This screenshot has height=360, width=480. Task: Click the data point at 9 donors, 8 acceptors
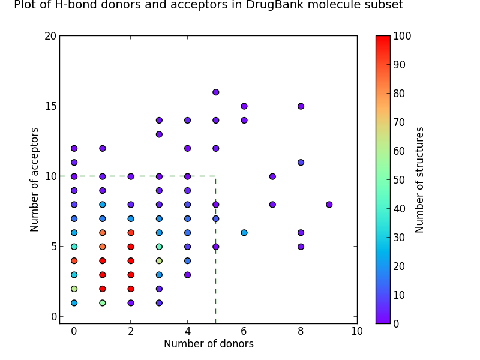coord(329,205)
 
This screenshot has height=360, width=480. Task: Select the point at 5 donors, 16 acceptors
coord(215,92)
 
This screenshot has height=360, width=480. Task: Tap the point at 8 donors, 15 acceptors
coord(301,106)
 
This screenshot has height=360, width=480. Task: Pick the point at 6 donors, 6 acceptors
coord(244,233)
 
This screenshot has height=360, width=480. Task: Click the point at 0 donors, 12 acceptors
coord(74,148)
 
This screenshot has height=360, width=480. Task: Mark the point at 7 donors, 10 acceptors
coord(272,176)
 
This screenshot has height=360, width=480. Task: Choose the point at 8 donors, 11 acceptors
coord(301,163)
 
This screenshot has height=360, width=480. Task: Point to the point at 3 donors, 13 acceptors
coord(159,134)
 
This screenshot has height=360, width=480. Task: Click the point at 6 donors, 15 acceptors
coord(244,106)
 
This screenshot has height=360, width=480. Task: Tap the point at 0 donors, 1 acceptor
coord(74,303)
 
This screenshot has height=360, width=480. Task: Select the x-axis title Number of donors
coord(208,344)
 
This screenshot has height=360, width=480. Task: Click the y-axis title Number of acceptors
coord(35,179)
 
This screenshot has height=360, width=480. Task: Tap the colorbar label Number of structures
coord(420,179)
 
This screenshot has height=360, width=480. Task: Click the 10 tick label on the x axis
coord(357,331)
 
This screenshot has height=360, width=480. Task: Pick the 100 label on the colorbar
coord(403,36)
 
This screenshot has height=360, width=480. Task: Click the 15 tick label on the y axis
coord(50,106)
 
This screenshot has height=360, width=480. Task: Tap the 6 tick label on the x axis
coord(244,331)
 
